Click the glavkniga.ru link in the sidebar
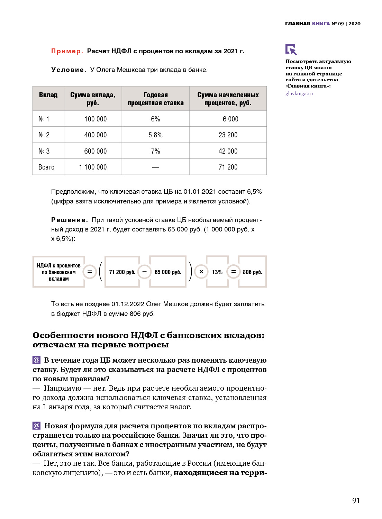[x=299, y=93]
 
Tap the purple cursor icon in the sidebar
[x=291, y=49]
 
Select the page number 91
[x=356, y=500]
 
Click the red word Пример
[x=67, y=51]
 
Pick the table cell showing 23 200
[x=228, y=135]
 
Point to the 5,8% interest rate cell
[x=155, y=135]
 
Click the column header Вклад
[x=48, y=95]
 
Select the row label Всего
[x=46, y=167]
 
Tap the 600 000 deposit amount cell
[x=95, y=151]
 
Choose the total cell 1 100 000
[x=93, y=167]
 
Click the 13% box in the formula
[x=217, y=272]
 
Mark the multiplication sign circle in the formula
[x=201, y=272]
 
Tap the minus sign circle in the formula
[x=144, y=272]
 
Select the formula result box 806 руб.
[x=252, y=272]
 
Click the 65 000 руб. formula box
[x=168, y=272]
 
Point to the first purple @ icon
[x=36, y=360]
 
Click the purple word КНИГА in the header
[x=321, y=24]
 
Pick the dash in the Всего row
[x=155, y=167]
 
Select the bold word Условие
[x=69, y=70]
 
